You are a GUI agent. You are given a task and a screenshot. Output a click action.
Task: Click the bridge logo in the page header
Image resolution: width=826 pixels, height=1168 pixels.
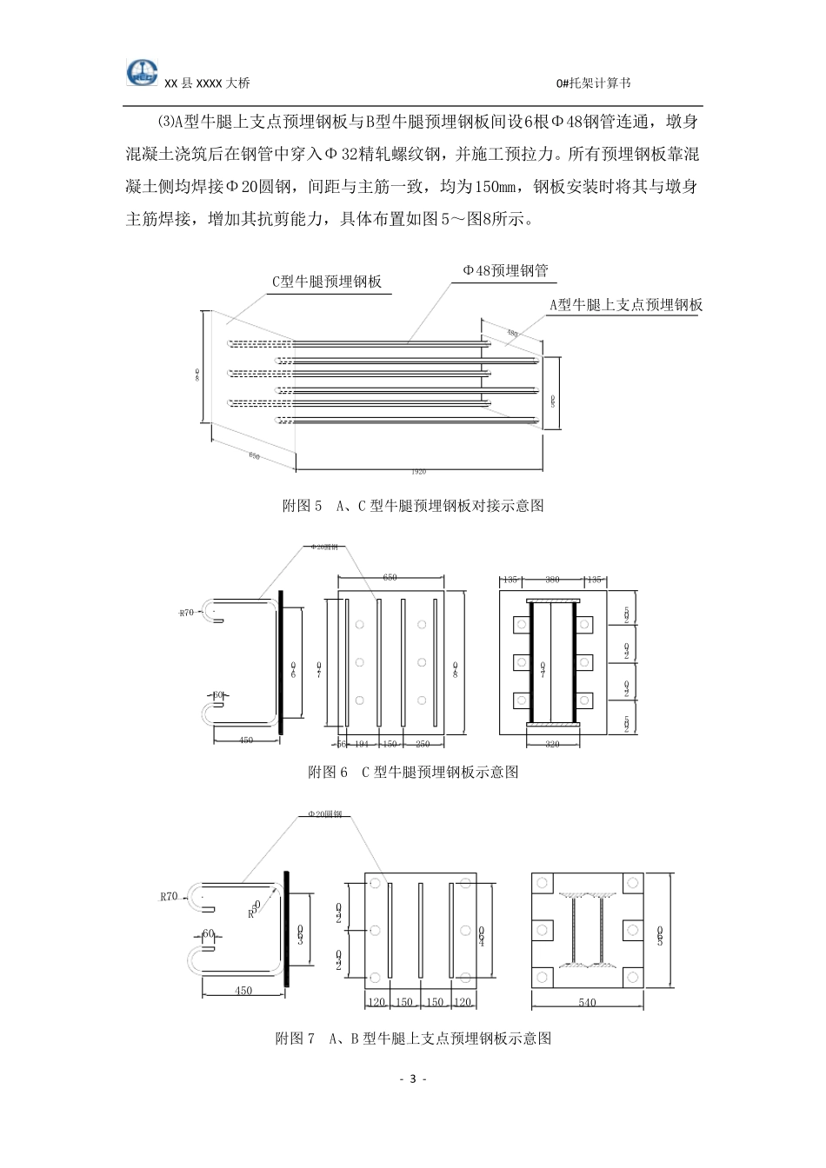[x=143, y=72]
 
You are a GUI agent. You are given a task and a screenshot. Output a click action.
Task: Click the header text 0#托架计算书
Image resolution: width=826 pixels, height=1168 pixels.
[x=593, y=83]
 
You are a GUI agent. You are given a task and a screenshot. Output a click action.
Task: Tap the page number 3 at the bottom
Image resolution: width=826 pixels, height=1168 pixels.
[x=413, y=1079]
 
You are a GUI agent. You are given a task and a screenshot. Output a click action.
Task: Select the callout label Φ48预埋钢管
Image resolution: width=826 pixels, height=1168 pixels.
[x=505, y=270]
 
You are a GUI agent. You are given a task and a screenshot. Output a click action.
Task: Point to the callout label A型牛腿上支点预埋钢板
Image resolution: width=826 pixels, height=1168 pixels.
[x=626, y=304]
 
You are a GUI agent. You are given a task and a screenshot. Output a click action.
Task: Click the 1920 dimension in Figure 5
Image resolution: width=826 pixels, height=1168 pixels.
[x=418, y=472]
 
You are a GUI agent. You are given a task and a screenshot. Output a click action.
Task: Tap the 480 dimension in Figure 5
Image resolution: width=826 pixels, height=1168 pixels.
[x=512, y=333]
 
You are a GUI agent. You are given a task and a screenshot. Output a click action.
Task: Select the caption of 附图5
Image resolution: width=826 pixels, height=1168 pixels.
[x=413, y=505]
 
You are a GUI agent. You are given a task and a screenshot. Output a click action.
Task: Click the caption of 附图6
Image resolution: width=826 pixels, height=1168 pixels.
[x=413, y=772]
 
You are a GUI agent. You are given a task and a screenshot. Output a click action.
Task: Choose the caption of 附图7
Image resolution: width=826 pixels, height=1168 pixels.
[x=413, y=1038]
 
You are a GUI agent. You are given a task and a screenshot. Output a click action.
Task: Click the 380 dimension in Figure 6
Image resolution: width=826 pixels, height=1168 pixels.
[x=551, y=578]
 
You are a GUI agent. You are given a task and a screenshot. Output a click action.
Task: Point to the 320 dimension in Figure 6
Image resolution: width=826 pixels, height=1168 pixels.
[x=551, y=744]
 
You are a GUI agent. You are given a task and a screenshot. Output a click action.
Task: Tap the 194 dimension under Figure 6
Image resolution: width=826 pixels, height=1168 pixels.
[x=362, y=744]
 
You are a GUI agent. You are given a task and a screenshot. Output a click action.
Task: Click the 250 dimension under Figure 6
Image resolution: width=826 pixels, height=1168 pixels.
[x=423, y=744]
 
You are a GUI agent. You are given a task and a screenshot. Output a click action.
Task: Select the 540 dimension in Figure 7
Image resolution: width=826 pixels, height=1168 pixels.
[x=587, y=1003]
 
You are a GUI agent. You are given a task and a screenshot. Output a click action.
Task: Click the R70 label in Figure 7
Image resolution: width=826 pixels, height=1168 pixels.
[x=169, y=896]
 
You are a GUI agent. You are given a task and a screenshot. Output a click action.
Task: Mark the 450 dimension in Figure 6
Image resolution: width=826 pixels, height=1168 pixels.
[x=246, y=740]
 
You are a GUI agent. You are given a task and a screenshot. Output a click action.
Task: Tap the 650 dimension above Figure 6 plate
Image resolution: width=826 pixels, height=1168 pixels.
[x=390, y=577]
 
